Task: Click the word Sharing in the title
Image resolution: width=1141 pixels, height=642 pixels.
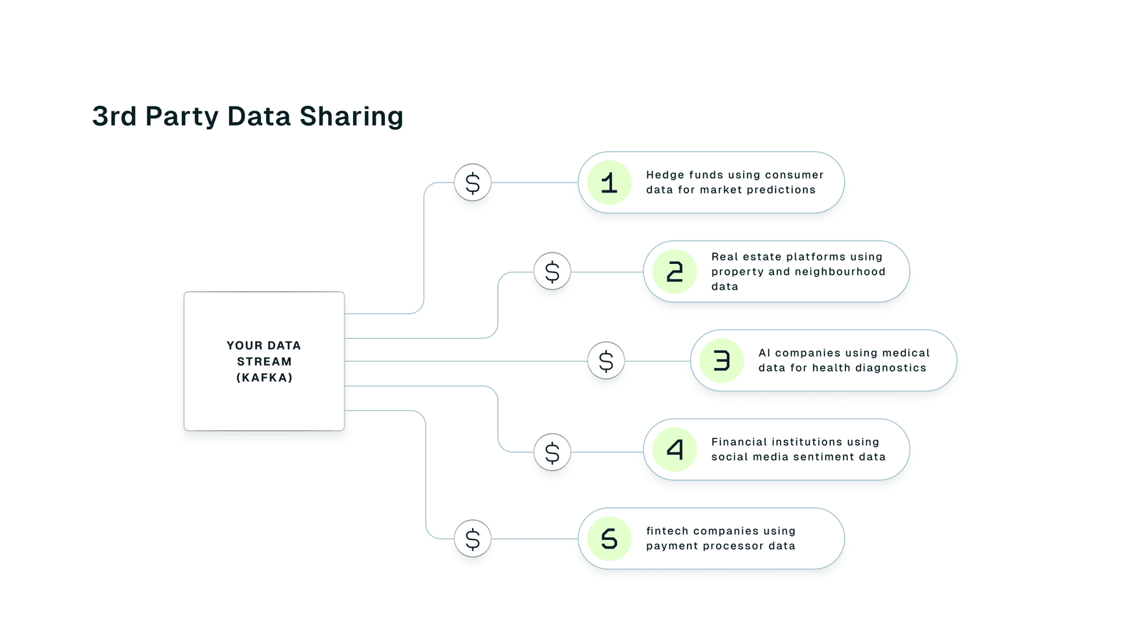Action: point(351,116)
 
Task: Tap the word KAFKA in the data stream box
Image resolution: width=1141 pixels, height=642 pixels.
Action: point(265,378)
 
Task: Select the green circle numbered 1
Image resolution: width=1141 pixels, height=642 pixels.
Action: point(609,183)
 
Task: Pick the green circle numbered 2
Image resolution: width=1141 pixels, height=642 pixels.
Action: point(675,272)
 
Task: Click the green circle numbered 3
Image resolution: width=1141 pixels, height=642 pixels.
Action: point(722,361)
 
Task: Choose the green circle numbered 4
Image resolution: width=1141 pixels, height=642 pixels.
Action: point(675,449)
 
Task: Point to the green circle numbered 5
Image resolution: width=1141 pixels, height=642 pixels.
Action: point(609,539)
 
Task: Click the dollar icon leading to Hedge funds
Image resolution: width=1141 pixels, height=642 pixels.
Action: point(473,183)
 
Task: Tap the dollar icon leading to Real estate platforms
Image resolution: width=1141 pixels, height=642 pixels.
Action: point(552,272)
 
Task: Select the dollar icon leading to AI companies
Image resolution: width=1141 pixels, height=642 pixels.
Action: point(606,361)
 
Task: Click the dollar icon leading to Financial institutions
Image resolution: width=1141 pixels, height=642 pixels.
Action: point(552,452)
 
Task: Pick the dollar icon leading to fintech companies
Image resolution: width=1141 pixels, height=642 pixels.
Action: point(473,539)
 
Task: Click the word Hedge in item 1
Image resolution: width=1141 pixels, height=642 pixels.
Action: point(665,175)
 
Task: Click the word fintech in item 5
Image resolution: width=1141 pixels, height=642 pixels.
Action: point(667,531)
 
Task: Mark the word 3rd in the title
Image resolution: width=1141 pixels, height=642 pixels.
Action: point(114,116)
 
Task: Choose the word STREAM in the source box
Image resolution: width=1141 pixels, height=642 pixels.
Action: point(265,362)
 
